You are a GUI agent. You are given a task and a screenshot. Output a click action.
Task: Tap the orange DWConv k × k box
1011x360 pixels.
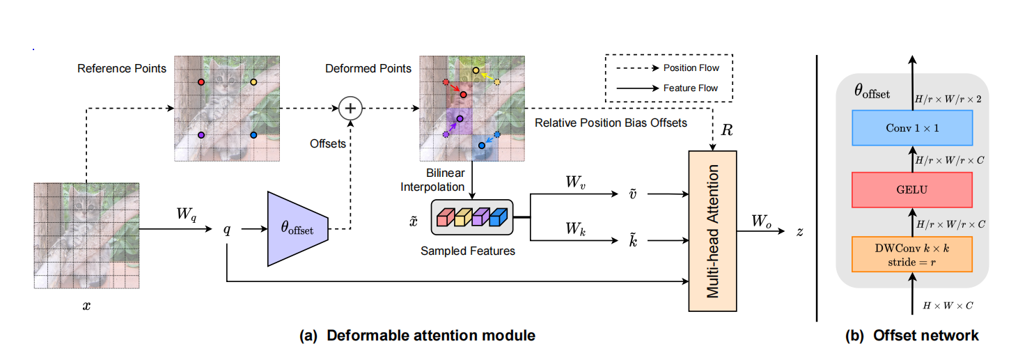pyautogui.click(x=911, y=253)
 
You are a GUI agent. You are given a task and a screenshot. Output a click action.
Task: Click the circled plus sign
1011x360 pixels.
pyautogui.click(x=351, y=108)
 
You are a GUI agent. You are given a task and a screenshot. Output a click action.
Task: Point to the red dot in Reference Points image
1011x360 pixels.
pyautogui.click(x=201, y=82)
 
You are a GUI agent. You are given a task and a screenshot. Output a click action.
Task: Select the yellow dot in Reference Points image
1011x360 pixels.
pyautogui.click(x=253, y=82)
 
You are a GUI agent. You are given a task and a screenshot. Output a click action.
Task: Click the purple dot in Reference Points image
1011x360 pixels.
pyautogui.click(x=201, y=134)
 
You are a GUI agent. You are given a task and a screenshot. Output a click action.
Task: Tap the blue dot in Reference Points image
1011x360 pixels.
pyautogui.click(x=253, y=134)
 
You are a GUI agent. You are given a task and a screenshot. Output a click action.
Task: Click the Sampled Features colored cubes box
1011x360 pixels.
pyautogui.click(x=471, y=217)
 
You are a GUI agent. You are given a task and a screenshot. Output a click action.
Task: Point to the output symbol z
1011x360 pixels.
pyautogui.click(x=800, y=231)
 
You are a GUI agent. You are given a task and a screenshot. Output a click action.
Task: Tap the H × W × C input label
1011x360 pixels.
pyautogui.click(x=948, y=305)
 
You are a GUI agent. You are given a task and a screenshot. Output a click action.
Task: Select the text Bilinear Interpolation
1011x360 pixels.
pyautogui.click(x=444, y=178)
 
